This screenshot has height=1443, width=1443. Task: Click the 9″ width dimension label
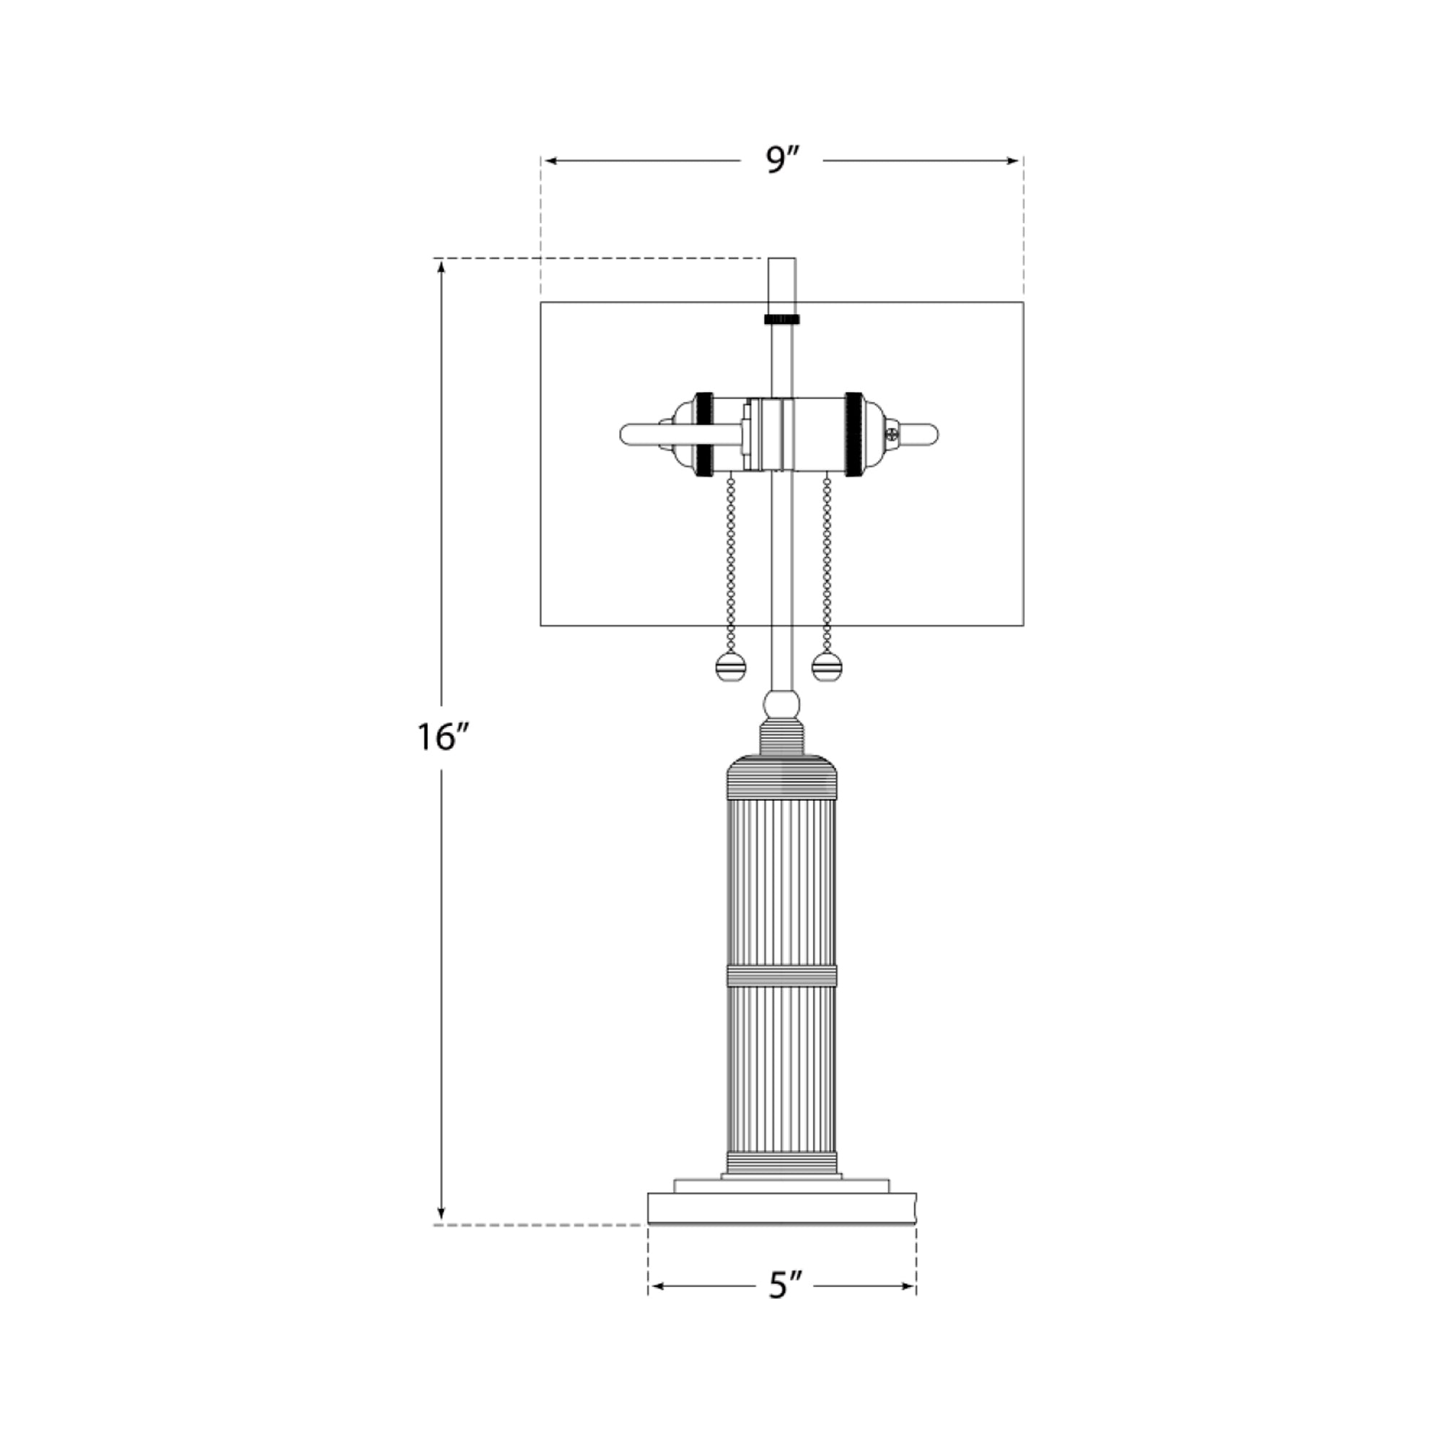782,160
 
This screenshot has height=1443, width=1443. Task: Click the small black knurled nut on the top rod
782,319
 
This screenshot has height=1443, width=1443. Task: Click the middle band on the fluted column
781,975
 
